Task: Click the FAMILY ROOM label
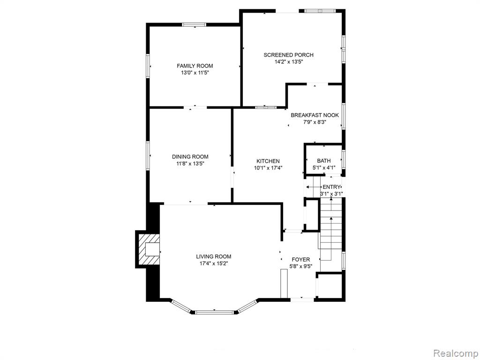pyautogui.click(x=195, y=66)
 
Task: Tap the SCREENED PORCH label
pyautogui.click(x=288, y=55)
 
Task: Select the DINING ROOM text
pyautogui.click(x=190, y=157)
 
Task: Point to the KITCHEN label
pyautogui.click(x=268, y=161)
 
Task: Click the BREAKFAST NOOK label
pyautogui.click(x=315, y=115)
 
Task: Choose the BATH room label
pyautogui.click(x=323, y=161)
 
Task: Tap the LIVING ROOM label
pyautogui.click(x=214, y=256)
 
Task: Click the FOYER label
pyautogui.click(x=300, y=260)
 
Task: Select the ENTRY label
pyautogui.click(x=331, y=187)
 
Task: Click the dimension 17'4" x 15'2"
pyautogui.click(x=214, y=263)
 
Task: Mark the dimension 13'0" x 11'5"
pyautogui.click(x=195, y=73)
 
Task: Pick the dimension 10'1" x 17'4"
pyautogui.click(x=268, y=168)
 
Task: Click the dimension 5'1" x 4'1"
pyautogui.click(x=323, y=168)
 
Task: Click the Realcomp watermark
pyautogui.click(x=456, y=353)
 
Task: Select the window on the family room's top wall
pyautogui.click(x=194, y=24)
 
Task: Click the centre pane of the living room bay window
pyautogui.click(x=215, y=312)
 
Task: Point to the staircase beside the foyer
pyautogui.click(x=330, y=234)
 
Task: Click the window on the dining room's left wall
pyautogui.click(x=148, y=155)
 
